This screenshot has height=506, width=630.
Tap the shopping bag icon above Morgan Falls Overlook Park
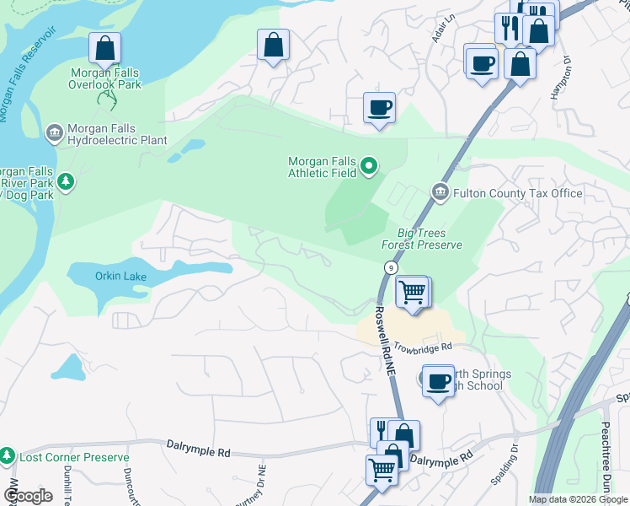105,48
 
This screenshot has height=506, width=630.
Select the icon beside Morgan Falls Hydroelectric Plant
55,132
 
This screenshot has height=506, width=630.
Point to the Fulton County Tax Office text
518,193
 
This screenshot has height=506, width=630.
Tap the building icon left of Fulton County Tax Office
440,193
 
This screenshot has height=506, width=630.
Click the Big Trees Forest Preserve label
422,239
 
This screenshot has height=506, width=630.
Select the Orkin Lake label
122,277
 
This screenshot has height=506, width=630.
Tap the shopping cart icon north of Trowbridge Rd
412,293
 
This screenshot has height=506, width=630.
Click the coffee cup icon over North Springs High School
438,381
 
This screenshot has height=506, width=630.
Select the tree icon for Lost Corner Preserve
8,456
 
